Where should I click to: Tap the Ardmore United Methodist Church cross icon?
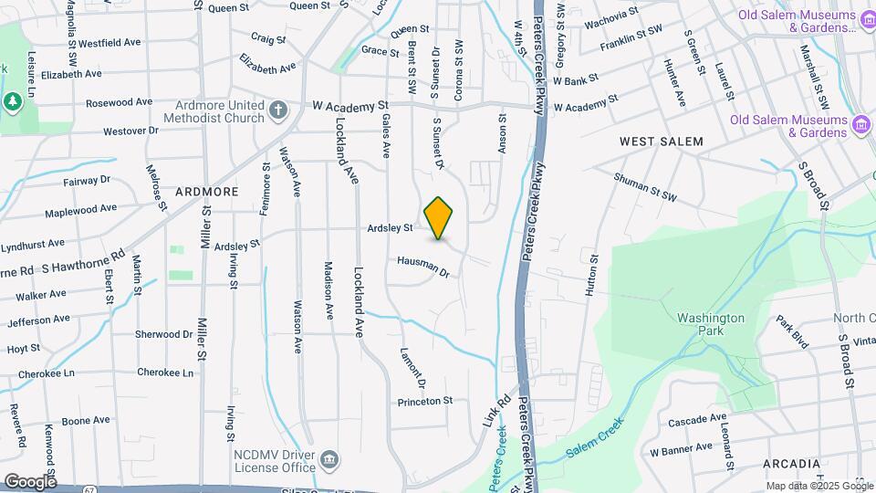[279, 110]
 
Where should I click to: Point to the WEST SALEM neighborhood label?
[662, 142]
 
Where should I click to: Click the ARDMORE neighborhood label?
[206, 192]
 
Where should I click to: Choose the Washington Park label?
[711, 324]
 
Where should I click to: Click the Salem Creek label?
[593, 439]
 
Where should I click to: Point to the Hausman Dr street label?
[423, 267]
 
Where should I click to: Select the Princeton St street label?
[424, 402]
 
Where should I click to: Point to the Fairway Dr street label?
[87, 181]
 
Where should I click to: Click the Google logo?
[30, 482]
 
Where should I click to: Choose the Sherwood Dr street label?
[164, 334]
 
